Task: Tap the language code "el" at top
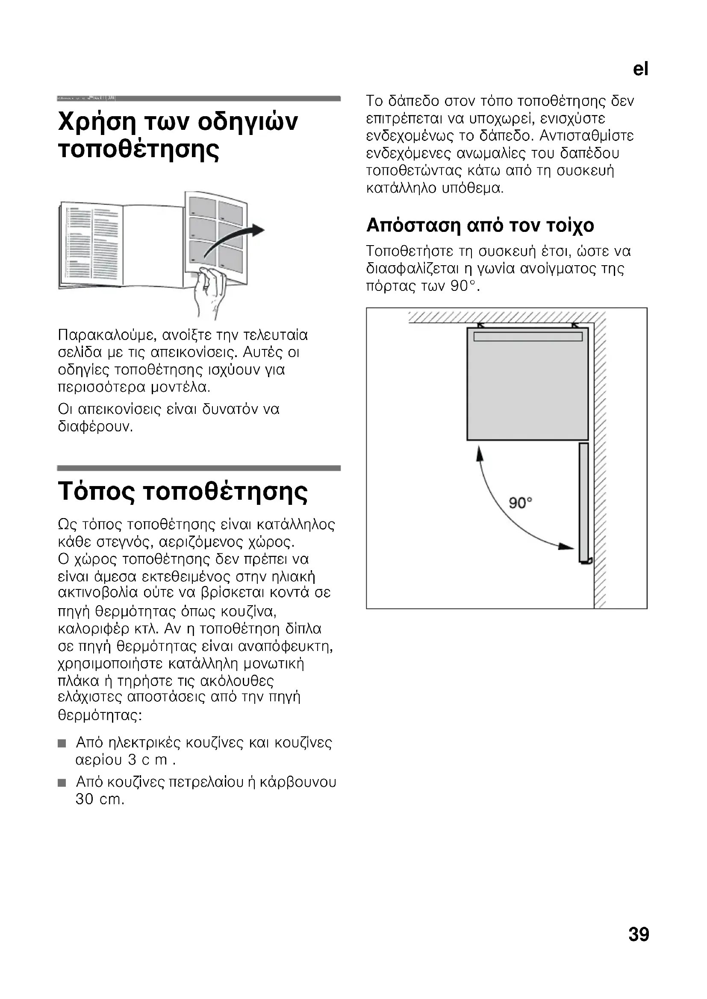coord(640,69)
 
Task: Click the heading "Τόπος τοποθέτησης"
coord(183,492)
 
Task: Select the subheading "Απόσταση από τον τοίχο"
coord(480,226)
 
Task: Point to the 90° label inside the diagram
coord(521,504)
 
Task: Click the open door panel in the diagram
coord(584,502)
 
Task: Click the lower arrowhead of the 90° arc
coord(566,547)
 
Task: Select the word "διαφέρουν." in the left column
coord(95,427)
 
